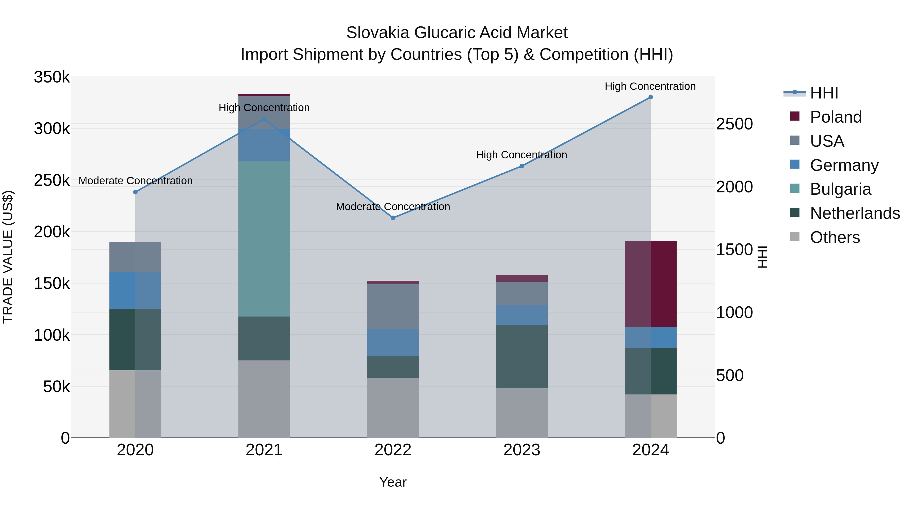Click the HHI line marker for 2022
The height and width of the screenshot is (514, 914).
[x=393, y=218]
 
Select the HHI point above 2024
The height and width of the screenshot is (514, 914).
[x=650, y=97]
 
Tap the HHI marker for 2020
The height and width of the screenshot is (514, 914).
[x=135, y=192]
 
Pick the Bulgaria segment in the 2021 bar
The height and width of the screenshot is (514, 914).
[x=264, y=239]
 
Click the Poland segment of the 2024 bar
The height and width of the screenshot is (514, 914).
[x=650, y=284]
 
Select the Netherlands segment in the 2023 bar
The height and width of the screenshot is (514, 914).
[x=521, y=357]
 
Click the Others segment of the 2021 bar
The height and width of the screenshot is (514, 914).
[x=264, y=399]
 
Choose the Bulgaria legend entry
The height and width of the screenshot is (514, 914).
[x=840, y=189]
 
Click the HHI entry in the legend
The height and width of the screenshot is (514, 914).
[x=824, y=93]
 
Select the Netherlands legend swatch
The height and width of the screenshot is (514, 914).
[x=795, y=213]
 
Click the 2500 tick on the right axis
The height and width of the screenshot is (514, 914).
[x=734, y=124]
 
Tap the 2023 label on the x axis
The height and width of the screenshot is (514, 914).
[x=521, y=450]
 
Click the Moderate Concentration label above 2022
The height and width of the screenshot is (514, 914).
[x=393, y=206]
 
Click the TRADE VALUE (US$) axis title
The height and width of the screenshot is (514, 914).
[x=8, y=257]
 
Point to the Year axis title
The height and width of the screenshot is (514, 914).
[x=393, y=482]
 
